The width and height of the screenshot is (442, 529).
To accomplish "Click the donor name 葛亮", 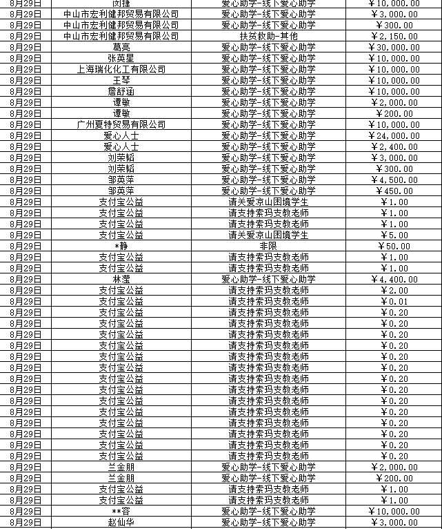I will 121,47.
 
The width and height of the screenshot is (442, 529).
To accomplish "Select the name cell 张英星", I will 121,58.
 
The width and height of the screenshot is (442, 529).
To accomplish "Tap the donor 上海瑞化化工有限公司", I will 121,69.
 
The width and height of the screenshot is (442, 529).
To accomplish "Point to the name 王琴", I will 121,80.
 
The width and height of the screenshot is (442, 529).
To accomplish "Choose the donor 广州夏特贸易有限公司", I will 121,124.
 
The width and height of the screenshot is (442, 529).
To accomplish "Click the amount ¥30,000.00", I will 394,47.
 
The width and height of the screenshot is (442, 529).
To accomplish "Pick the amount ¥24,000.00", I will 394,135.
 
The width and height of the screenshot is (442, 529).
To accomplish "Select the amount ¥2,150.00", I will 394,36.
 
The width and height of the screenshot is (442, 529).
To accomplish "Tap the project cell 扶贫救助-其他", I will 268,36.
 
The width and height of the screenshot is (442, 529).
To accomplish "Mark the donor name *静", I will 121,246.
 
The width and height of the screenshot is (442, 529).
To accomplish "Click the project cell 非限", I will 268,246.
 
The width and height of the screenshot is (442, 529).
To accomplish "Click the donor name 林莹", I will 121,279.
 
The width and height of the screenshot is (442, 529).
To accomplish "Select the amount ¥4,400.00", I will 394,279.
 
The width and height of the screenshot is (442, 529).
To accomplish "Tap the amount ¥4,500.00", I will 394,180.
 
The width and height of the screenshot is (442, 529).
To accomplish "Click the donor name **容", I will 121,511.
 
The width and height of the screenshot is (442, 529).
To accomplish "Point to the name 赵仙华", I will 121,522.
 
